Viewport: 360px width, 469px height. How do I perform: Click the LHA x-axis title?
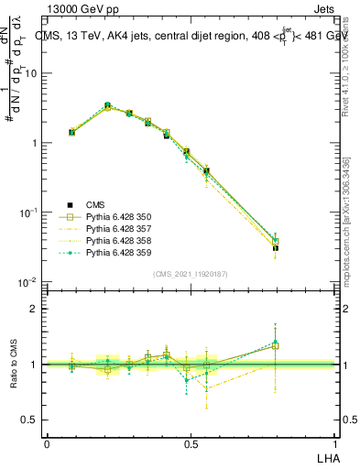pos(327,455)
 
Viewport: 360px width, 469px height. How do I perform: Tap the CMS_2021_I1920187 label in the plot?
pos(191,274)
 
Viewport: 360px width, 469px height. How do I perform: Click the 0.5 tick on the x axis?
pos(191,444)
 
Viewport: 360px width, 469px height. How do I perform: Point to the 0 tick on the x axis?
pos(47,444)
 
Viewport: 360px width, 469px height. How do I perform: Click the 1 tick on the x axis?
pos(334,444)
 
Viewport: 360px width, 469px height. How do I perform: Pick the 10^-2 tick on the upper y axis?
pos(29,282)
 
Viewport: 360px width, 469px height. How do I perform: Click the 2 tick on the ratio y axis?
pos(35,309)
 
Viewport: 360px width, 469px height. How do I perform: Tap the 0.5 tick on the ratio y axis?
pos(31,420)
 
